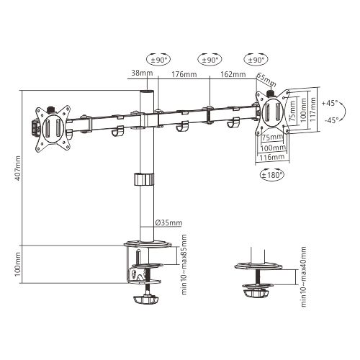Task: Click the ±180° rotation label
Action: [271, 175]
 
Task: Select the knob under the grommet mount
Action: [258, 293]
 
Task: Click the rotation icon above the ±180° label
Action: [269, 166]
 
